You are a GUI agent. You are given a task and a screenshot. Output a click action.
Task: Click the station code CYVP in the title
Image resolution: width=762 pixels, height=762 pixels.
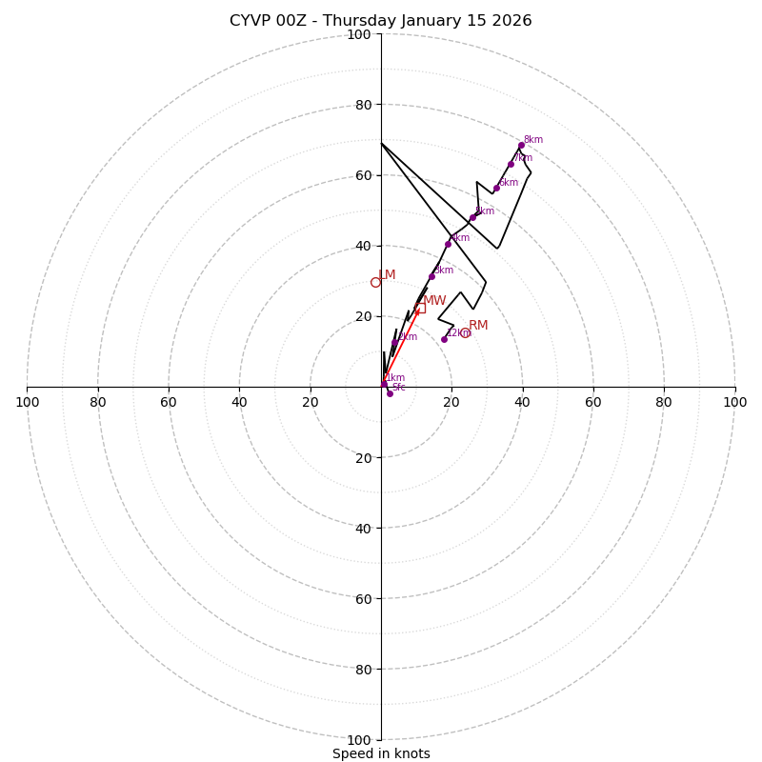pos(251,21)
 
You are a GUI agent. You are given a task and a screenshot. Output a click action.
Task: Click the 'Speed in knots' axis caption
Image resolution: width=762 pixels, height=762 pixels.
pos(381,753)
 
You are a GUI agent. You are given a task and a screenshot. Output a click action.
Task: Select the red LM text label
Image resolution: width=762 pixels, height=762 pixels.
pos(387,275)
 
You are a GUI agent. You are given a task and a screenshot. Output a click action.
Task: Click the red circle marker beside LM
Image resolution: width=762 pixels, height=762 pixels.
pos(375,282)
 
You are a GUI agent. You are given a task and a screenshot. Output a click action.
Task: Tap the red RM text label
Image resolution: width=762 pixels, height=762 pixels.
pos(478,326)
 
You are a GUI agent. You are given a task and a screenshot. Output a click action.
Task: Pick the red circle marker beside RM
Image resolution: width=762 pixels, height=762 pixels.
pos(466,332)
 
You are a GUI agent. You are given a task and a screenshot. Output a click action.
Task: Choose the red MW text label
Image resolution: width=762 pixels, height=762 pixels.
pos(434,301)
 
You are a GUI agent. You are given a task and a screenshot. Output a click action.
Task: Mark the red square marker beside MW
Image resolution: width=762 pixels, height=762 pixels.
pos(420,308)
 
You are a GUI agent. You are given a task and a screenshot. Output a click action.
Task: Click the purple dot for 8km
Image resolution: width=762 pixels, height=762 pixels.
pos(521,146)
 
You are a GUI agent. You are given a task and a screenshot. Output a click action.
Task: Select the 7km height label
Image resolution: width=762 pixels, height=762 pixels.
pos(523,158)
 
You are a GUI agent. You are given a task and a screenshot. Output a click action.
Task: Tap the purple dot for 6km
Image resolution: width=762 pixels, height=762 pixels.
pos(496,188)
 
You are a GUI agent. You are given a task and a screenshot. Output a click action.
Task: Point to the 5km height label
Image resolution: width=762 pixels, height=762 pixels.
pos(485,211)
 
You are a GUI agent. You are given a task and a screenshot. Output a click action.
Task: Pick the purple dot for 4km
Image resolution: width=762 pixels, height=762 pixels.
pos(448,244)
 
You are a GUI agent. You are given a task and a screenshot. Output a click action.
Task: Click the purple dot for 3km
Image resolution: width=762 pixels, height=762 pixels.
pos(431,277)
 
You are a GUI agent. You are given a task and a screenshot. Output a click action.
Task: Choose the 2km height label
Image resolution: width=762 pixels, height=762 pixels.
pos(408,337)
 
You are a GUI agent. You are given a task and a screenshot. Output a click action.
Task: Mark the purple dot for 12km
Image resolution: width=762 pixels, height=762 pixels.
pos(444,339)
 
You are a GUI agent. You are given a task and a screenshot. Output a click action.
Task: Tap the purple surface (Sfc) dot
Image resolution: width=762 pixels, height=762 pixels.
pos(390,393)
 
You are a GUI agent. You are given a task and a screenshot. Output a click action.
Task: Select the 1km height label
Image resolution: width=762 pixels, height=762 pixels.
pos(395,378)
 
